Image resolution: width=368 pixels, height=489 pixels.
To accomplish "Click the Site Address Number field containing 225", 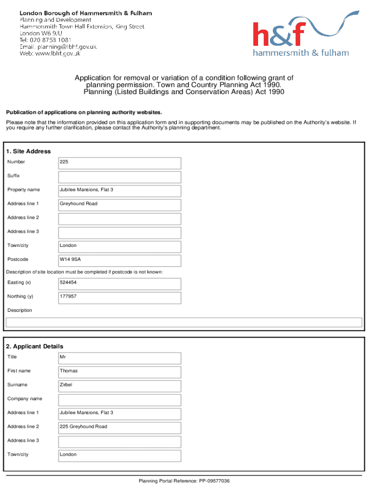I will click(119, 163).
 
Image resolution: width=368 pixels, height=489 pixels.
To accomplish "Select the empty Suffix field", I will click(119, 177).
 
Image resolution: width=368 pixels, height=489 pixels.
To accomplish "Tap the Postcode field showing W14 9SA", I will click(119, 260).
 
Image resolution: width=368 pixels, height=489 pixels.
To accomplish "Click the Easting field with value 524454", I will click(119, 284).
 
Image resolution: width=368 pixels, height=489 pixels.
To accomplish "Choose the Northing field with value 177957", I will click(119, 298).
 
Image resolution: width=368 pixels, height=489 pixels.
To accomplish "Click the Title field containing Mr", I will click(119, 358).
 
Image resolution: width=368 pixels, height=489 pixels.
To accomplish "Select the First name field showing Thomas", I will click(119, 372).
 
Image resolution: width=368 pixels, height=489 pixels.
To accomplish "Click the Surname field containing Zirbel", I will click(119, 386).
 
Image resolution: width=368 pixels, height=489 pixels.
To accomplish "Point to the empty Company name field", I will click(119, 400).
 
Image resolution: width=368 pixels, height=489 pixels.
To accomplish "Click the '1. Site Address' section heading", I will click(28, 151).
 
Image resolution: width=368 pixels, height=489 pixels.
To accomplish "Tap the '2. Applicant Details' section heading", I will click(34, 346).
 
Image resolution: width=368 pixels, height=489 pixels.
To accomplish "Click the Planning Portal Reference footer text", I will click(184, 481).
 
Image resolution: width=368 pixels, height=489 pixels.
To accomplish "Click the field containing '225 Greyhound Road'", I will click(119, 428).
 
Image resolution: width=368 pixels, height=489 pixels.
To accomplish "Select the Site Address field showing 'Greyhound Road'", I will click(119, 205).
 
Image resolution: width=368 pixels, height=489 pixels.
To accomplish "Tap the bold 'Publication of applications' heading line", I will click(84, 113).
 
